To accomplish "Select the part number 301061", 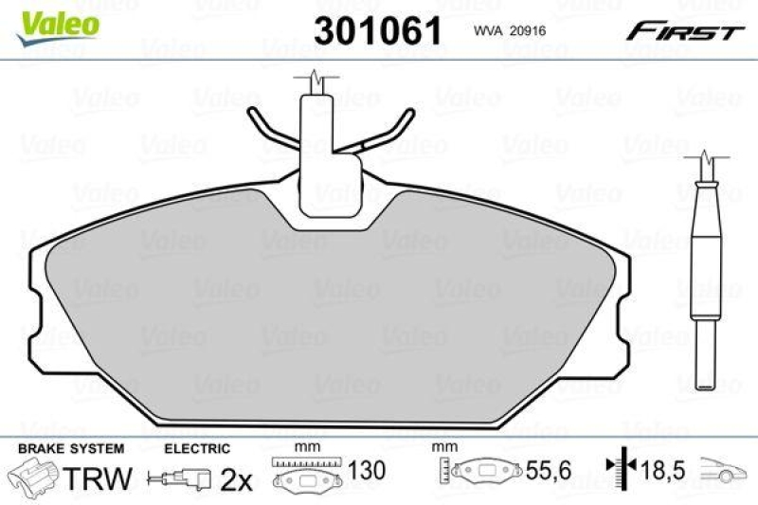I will (x=378, y=30).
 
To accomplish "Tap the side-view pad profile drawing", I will (x=706, y=275).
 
